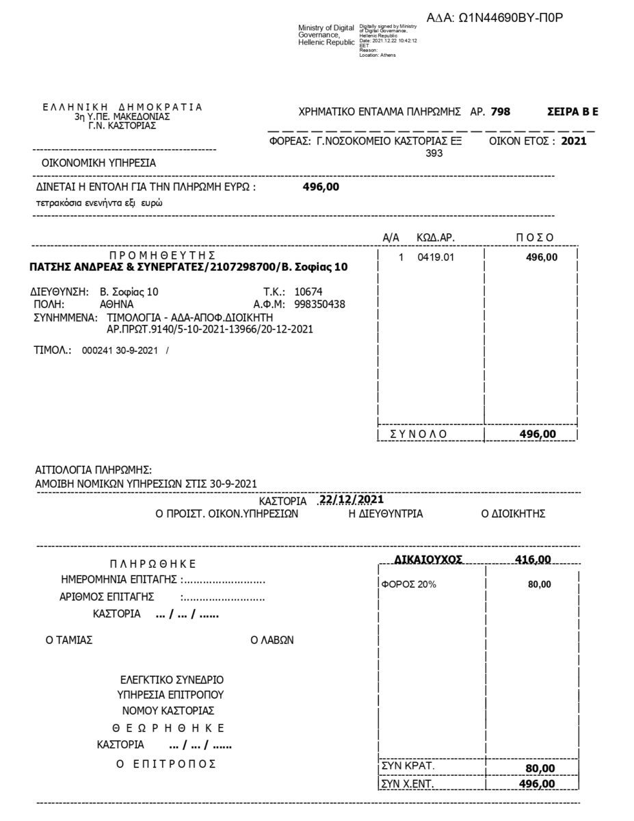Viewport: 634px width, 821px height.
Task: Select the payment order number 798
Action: (500, 112)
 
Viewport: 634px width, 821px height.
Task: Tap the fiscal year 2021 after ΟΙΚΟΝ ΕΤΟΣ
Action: (573, 142)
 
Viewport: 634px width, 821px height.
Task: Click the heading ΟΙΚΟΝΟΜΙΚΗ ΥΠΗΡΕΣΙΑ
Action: (98, 163)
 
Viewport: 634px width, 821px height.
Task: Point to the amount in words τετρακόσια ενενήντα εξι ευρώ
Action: (99, 203)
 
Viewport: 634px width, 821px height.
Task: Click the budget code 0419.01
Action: (435, 257)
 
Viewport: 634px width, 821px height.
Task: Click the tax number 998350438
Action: (319, 304)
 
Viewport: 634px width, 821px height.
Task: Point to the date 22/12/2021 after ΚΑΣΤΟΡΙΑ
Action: (352, 499)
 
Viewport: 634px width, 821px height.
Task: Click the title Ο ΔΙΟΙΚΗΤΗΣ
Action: (513, 514)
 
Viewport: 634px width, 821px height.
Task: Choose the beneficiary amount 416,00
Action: (533, 560)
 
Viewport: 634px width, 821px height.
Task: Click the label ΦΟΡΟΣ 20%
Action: (408, 584)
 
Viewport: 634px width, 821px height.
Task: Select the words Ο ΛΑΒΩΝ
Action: (272, 640)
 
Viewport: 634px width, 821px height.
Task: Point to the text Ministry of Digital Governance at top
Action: (326, 35)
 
